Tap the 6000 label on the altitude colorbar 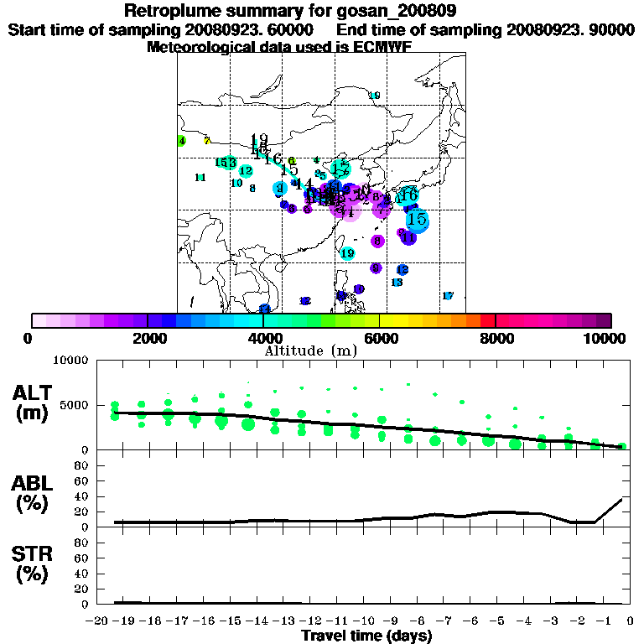pos(379,338)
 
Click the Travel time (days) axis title pos(366,636)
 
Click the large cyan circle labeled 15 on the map pos(417,220)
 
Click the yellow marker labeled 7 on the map pos(207,141)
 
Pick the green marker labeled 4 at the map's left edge pos(181,141)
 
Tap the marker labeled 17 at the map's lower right pos(447,296)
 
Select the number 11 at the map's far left pos(200,178)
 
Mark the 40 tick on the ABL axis pos(84,496)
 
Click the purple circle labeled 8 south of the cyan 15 pos(378,241)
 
